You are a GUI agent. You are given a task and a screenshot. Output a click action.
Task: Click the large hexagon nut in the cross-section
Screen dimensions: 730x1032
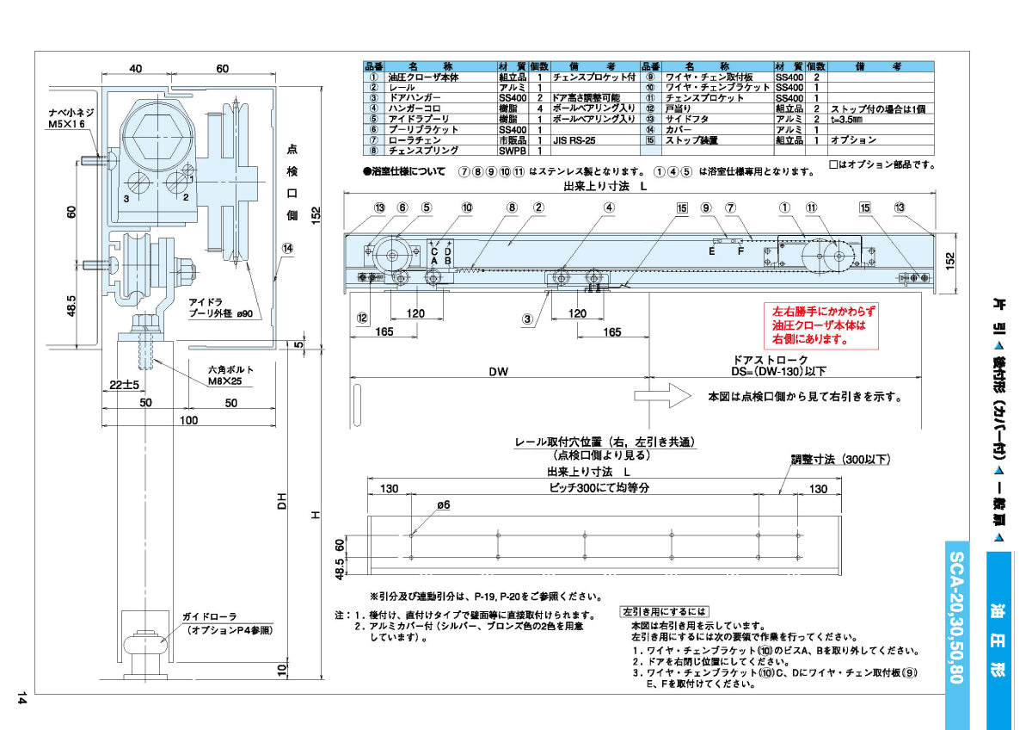pos(150,132)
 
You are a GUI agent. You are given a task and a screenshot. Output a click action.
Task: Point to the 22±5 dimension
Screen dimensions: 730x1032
pos(123,383)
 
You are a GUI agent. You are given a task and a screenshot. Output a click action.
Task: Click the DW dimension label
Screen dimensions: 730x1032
pos(498,372)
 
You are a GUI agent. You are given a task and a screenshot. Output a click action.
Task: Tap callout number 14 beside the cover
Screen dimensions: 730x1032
pos(287,248)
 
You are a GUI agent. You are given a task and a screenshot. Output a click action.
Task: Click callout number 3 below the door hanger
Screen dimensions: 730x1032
pos(529,318)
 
